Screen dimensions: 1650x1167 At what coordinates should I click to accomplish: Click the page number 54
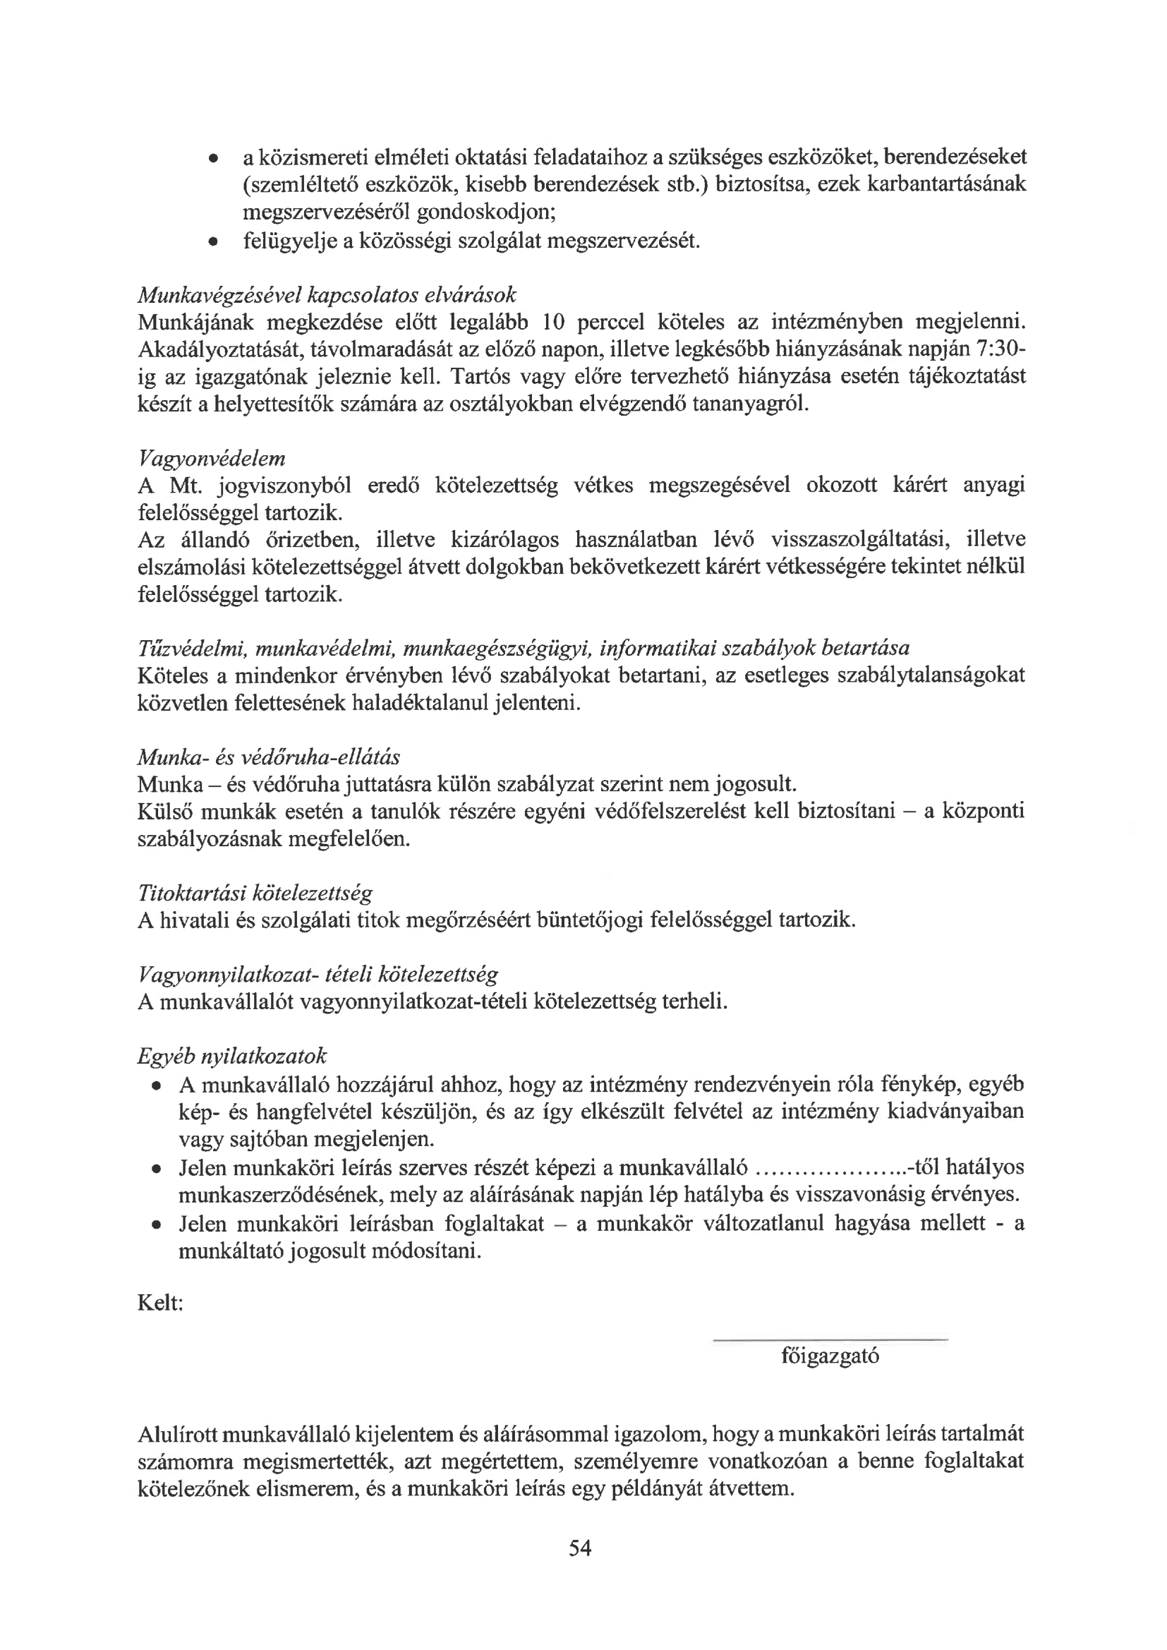[x=579, y=1547]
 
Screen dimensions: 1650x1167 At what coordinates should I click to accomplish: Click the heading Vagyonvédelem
[x=211, y=459]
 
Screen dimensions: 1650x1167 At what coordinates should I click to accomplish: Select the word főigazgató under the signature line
[x=830, y=1356]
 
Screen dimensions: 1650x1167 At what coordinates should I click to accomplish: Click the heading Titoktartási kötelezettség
[x=255, y=893]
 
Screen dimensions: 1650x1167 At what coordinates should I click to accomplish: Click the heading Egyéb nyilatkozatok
[x=231, y=1056]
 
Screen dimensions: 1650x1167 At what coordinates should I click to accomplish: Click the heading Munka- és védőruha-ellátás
[x=269, y=757]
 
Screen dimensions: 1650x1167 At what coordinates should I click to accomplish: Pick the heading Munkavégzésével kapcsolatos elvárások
[x=326, y=296]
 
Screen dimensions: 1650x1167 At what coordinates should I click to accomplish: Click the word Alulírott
[x=179, y=1435]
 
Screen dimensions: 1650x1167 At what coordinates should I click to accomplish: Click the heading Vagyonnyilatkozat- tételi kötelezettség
[x=317, y=975]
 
